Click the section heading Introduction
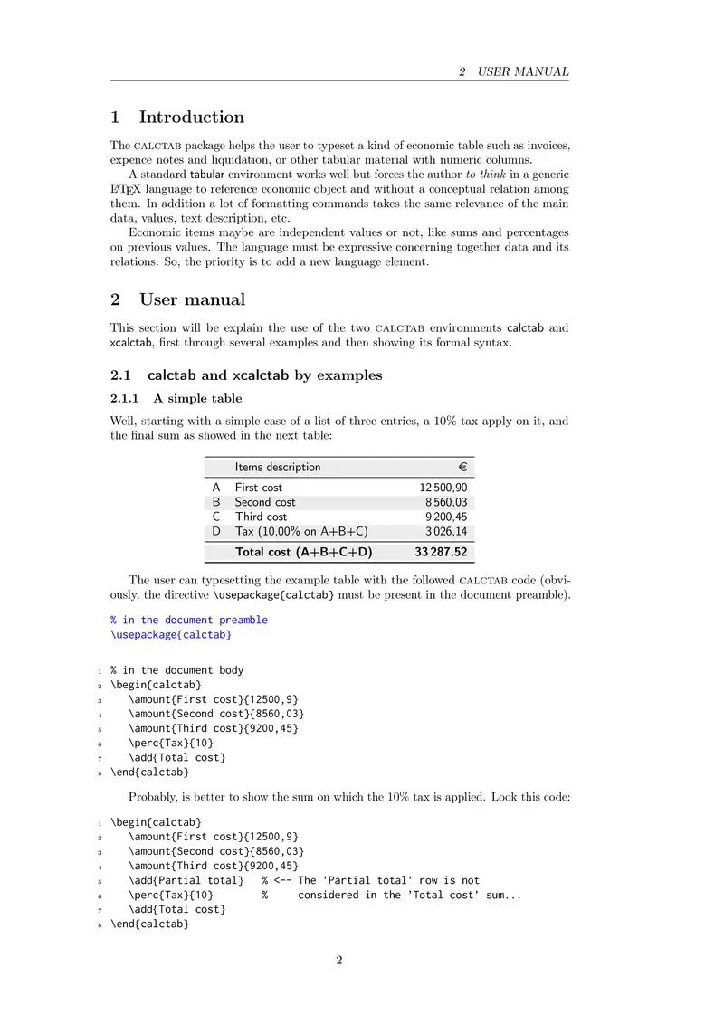pos(191,118)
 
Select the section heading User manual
pos(192,299)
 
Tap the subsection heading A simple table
pos(197,397)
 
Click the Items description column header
pos(277,467)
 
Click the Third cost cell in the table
pos(261,517)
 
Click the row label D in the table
pos(216,531)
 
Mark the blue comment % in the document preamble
pos(189,620)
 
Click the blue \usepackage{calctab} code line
pos(171,635)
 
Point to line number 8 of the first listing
pos(98,773)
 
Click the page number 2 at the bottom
pos(339,961)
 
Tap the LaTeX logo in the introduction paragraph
pos(125,190)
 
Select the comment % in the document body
pos(176,670)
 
